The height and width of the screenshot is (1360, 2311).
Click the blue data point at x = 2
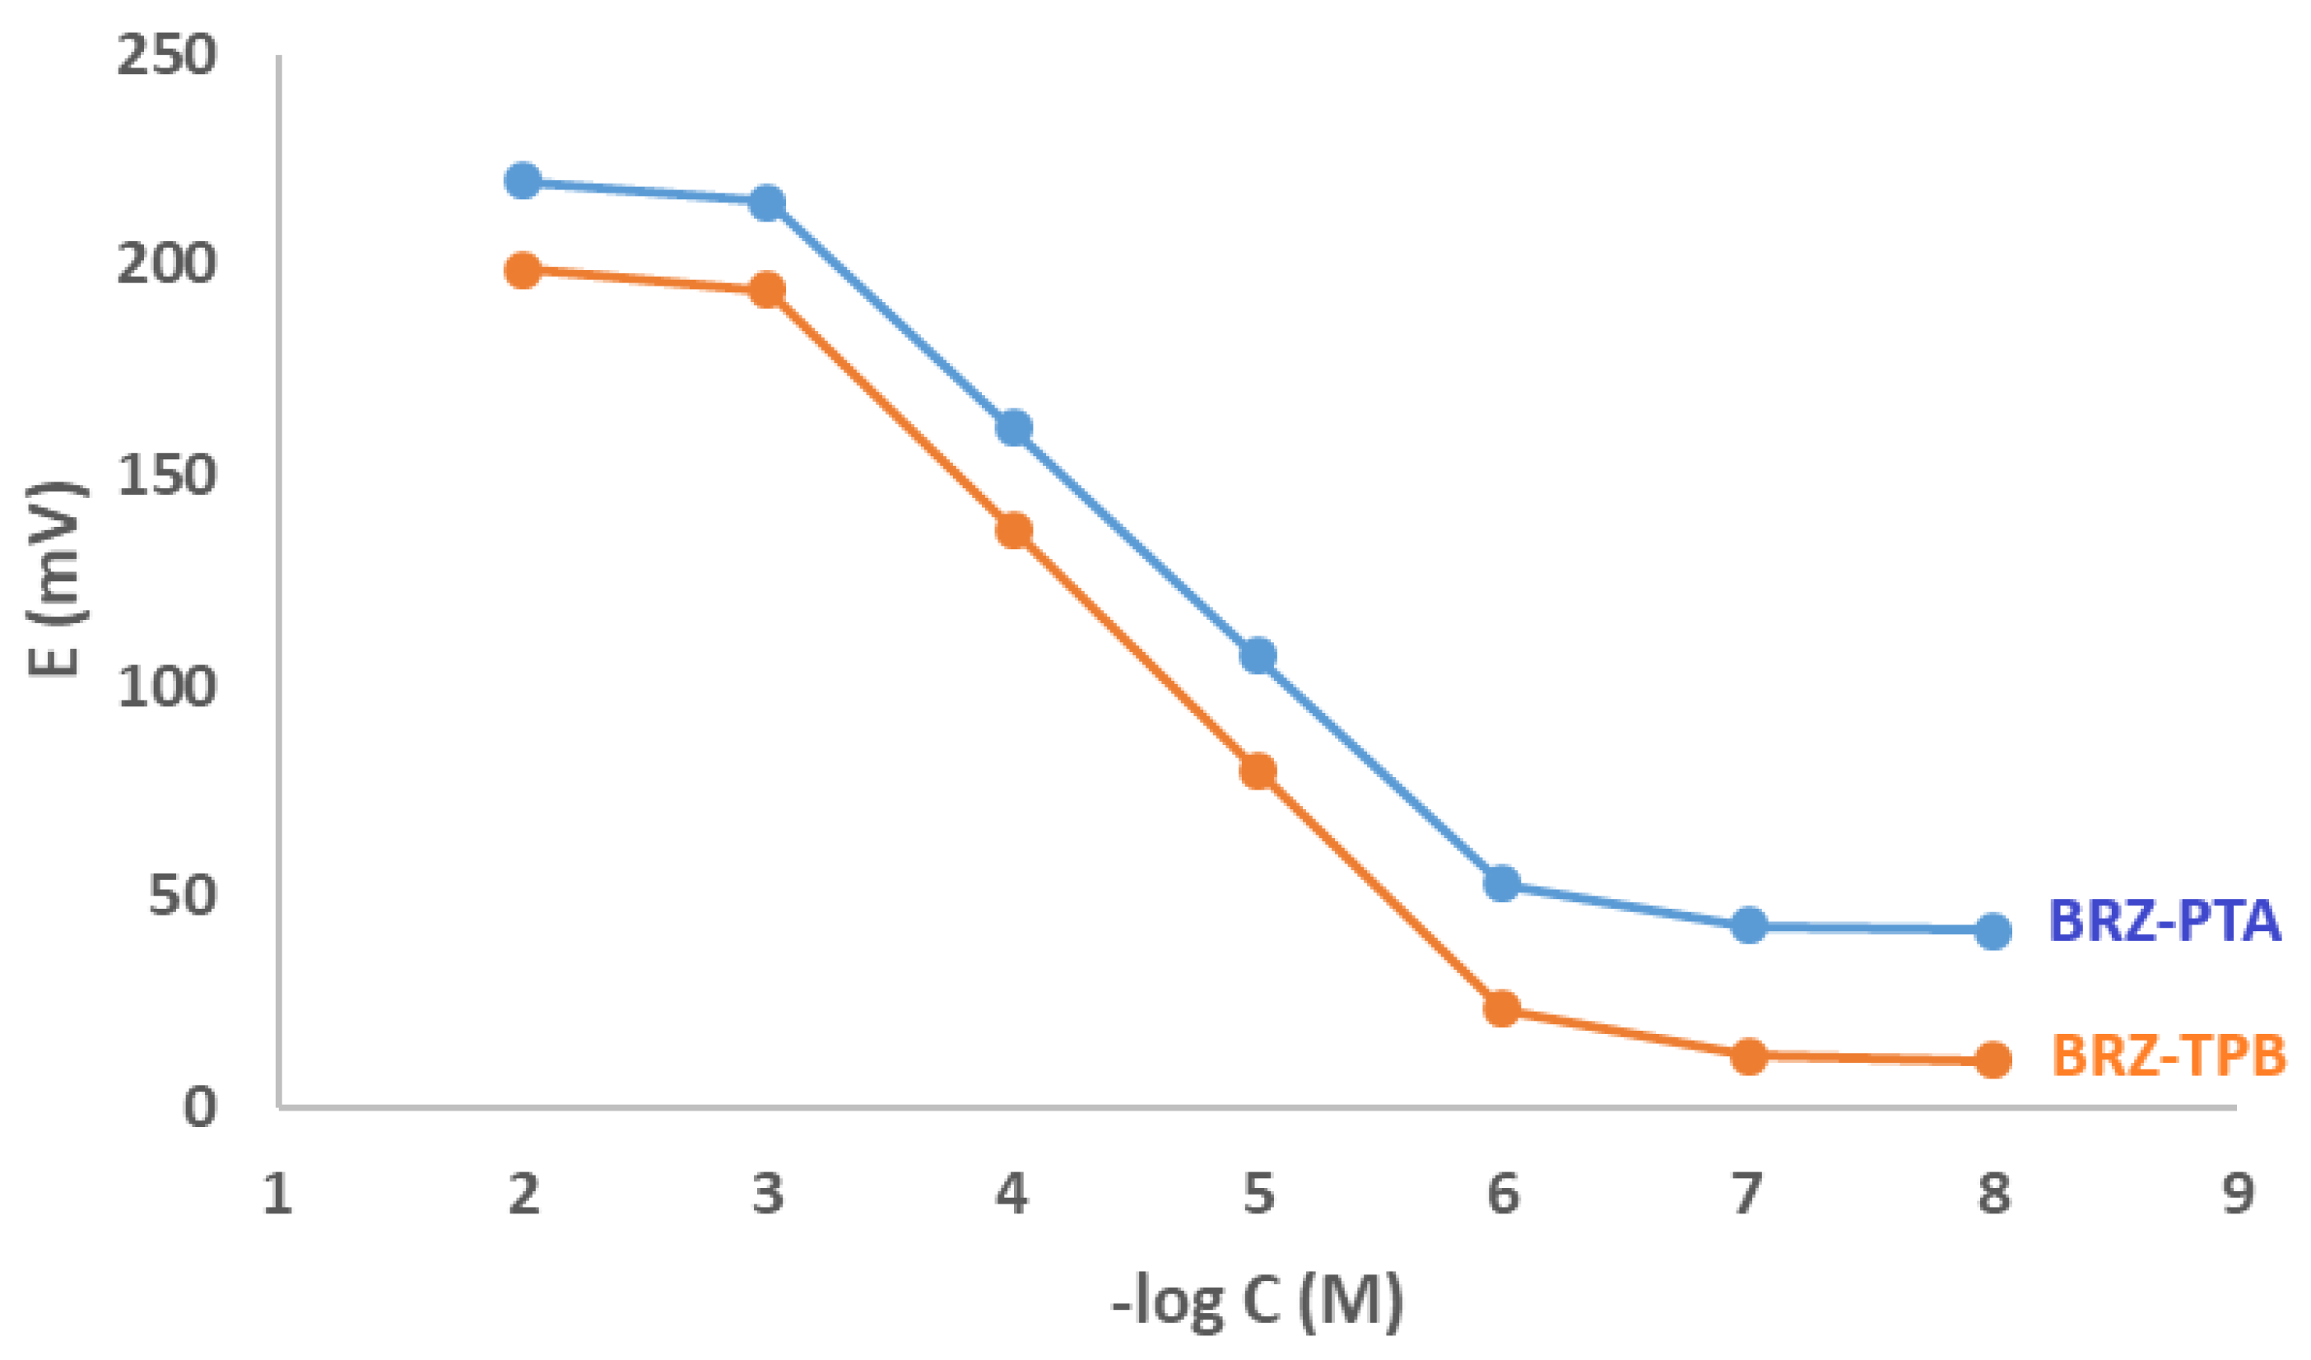[523, 180]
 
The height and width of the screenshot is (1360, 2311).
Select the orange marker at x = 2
[523, 271]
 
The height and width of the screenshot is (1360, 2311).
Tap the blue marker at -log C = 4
[1013, 427]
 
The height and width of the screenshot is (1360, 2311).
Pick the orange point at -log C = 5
[1258, 771]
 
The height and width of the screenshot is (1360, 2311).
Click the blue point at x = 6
[1501, 883]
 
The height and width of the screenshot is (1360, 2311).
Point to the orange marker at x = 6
[1501, 1008]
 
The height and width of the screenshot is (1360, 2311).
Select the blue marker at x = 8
[1992, 932]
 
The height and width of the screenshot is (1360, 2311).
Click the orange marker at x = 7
[1748, 1056]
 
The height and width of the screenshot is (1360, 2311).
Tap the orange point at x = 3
[768, 291]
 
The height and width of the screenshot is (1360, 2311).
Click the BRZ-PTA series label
[2165, 923]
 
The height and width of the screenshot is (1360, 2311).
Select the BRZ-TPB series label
[2168, 1055]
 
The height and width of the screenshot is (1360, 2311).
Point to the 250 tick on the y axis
[166, 57]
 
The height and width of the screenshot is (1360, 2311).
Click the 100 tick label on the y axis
[166, 686]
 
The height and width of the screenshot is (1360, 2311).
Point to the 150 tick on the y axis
[166, 477]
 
